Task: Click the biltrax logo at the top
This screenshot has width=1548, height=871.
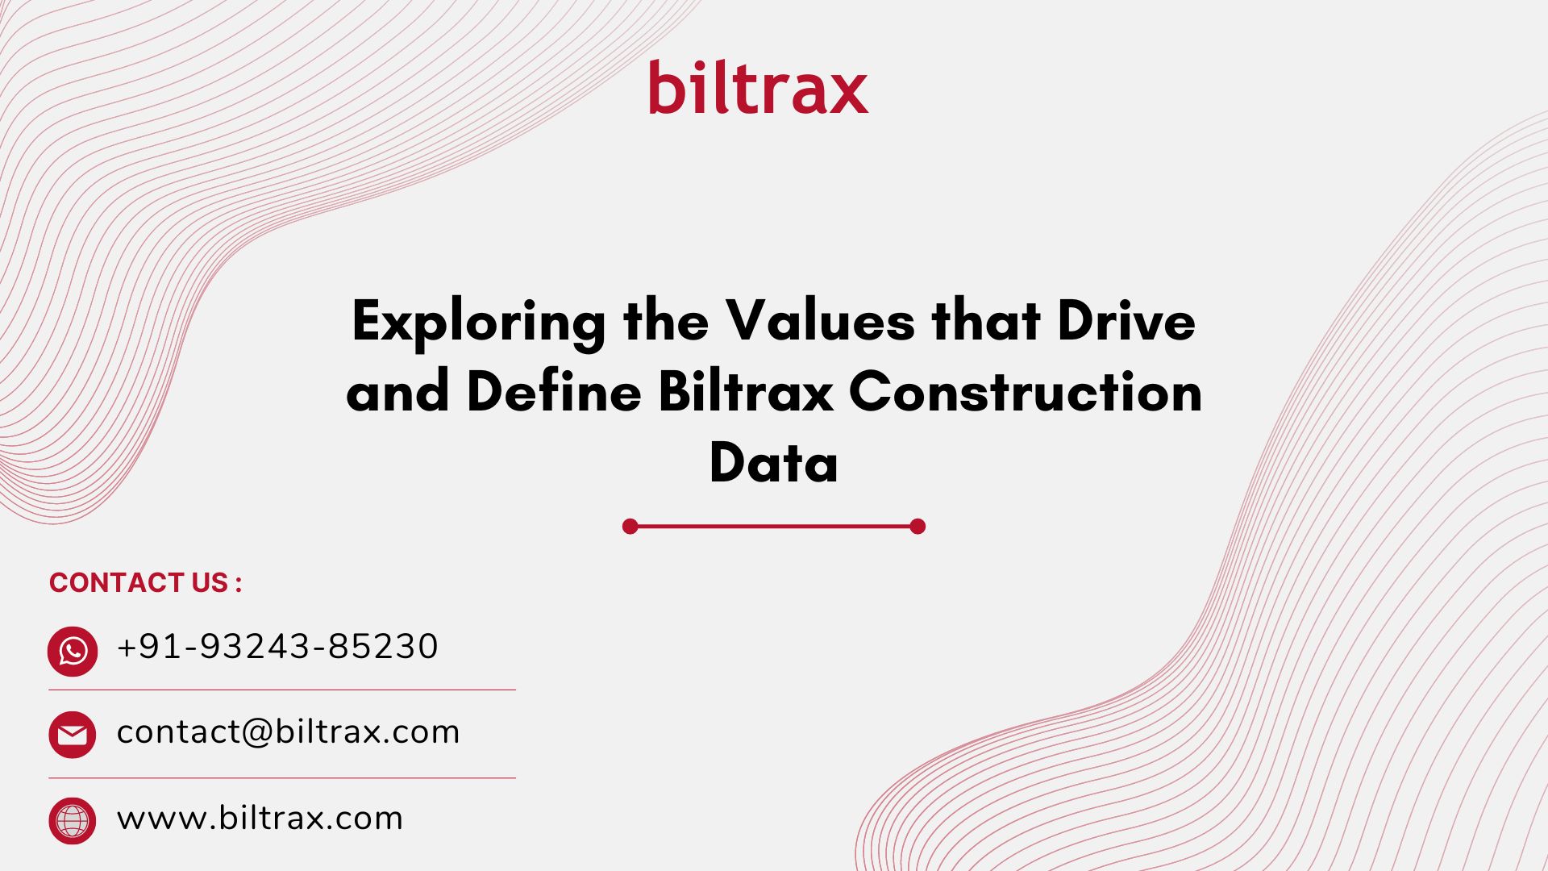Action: click(759, 86)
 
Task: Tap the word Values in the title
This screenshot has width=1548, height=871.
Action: click(821, 320)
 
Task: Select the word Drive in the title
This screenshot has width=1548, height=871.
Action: click(1126, 320)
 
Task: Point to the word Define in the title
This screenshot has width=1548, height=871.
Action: click(554, 391)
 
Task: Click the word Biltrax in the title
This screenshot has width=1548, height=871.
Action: click(746, 391)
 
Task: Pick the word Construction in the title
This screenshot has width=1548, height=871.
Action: click(1026, 391)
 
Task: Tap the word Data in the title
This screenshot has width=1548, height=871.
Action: click(774, 462)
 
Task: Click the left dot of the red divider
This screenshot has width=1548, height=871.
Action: click(630, 527)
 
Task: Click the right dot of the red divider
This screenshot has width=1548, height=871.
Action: click(918, 527)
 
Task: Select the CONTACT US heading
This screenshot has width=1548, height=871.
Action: click(146, 582)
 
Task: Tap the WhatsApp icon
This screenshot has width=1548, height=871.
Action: click(73, 651)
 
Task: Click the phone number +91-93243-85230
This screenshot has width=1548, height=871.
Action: click(277, 647)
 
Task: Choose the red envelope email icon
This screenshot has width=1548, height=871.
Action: click(73, 735)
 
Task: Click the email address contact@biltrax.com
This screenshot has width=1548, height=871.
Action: click(288, 732)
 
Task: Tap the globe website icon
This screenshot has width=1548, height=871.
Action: click(73, 821)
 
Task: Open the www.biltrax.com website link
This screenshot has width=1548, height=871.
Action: click(260, 818)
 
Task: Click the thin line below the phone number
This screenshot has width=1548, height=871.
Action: click(282, 690)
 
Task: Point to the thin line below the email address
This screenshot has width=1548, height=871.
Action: click(282, 778)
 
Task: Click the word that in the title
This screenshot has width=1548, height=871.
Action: click(986, 320)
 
